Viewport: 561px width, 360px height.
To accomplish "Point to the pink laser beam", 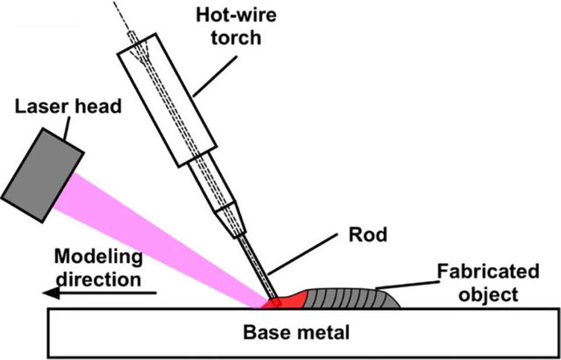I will coord(167,241).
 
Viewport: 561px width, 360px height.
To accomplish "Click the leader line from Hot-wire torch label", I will coord(210,71).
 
